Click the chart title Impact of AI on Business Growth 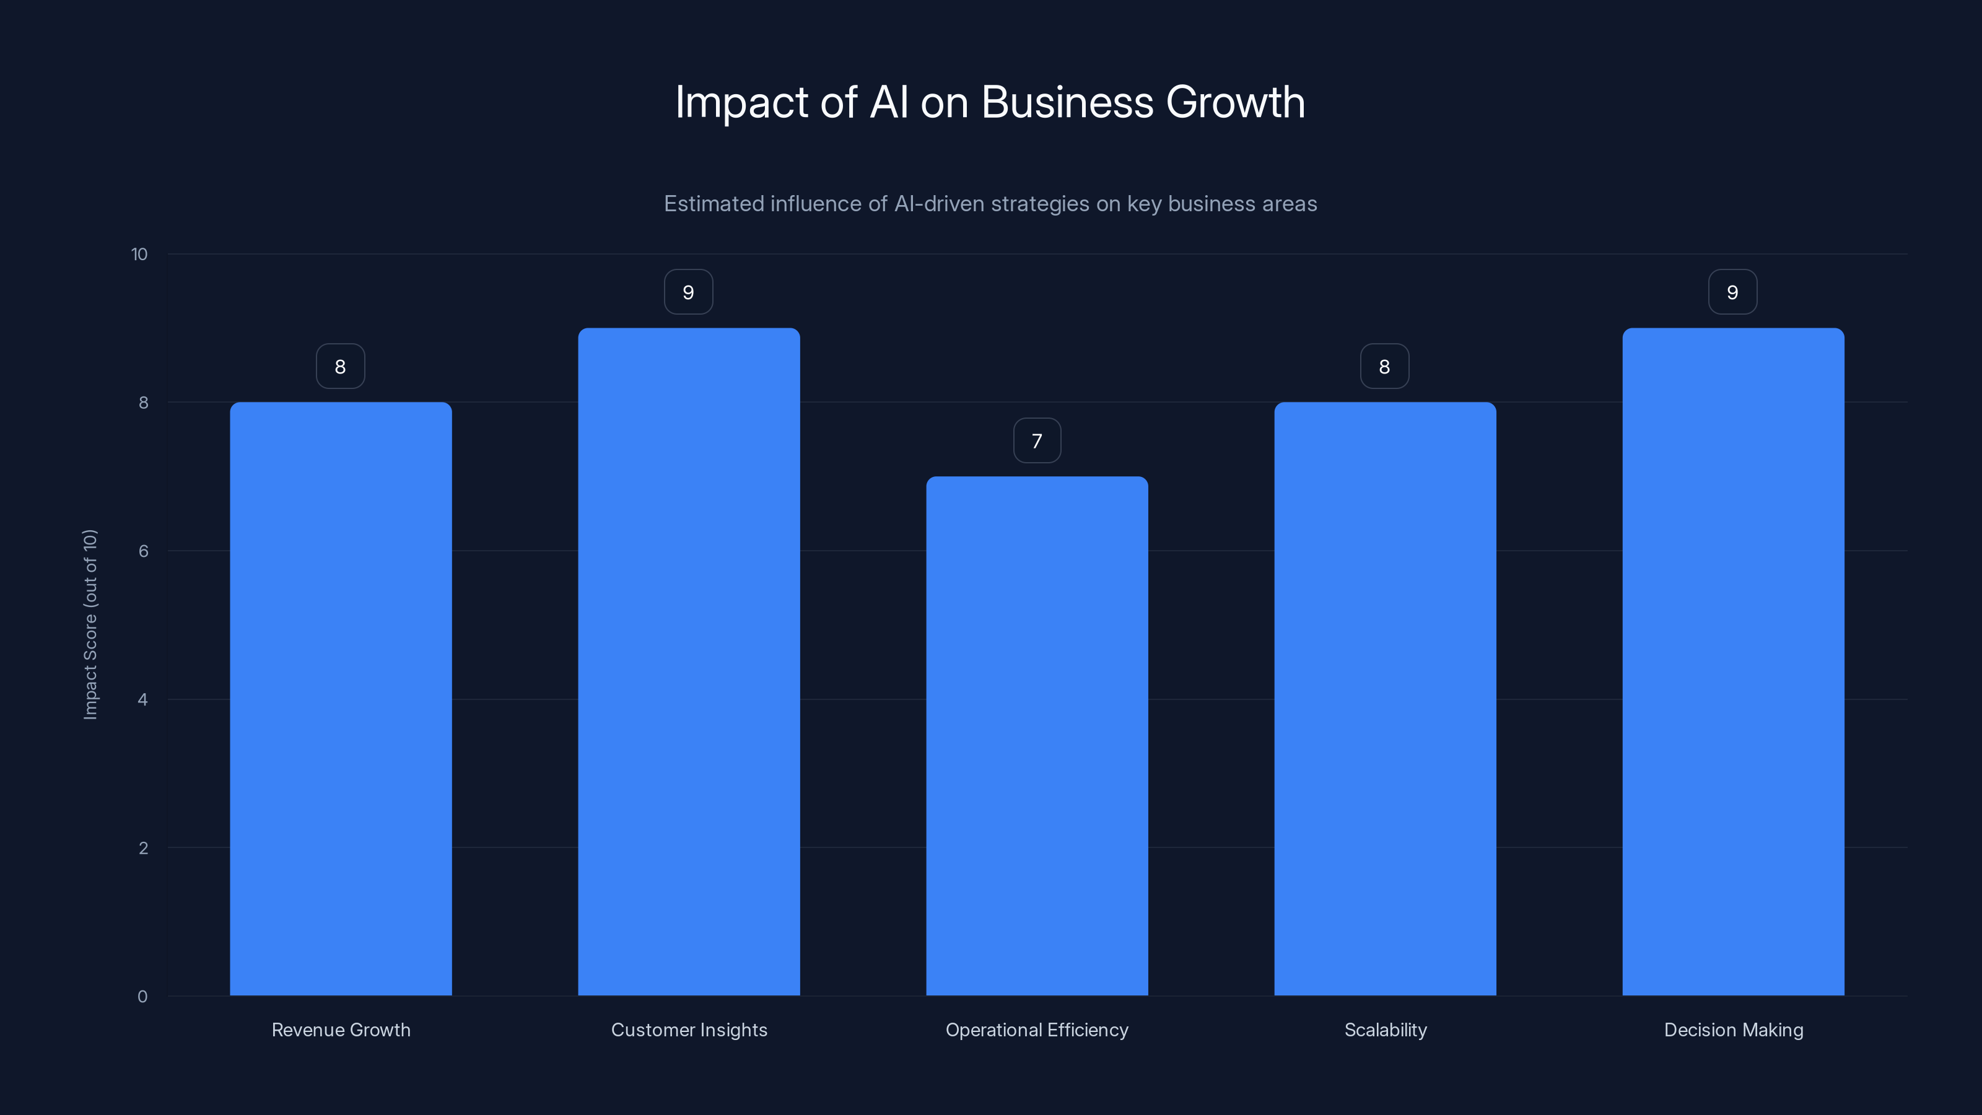click(x=990, y=102)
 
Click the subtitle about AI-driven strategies click(x=990, y=204)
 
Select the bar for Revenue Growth click(x=341, y=699)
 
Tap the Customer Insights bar click(x=689, y=662)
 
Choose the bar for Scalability click(x=1385, y=699)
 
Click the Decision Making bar click(x=1733, y=662)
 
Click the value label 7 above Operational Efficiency click(x=1037, y=441)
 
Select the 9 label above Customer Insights click(x=689, y=292)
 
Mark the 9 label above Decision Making click(x=1733, y=292)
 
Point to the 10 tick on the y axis click(x=139, y=255)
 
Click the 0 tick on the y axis click(x=142, y=997)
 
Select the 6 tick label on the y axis click(x=143, y=551)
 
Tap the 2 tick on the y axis click(x=143, y=848)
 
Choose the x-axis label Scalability click(x=1385, y=1030)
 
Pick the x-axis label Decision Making click(x=1733, y=1030)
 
